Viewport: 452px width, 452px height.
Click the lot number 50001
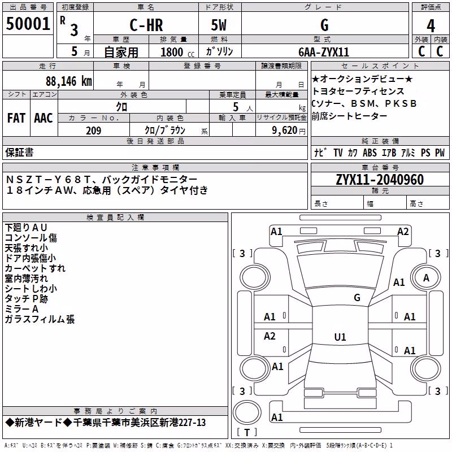[x=28, y=24]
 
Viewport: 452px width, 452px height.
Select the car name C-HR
[x=146, y=25]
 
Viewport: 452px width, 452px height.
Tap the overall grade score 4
[x=431, y=26]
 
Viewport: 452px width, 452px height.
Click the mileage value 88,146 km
[x=68, y=81]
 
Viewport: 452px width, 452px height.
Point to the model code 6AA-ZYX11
[x=324, y=52]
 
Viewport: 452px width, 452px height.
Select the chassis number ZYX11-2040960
[x=380, y=180]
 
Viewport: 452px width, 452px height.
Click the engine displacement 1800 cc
[x=177, y=52]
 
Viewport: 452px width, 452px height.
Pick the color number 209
[x=93, y=131]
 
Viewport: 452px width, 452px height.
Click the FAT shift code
[x=16, y=118]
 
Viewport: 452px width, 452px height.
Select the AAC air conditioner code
[x=44, y=118]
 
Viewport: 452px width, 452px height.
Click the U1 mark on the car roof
[x=340, y=337]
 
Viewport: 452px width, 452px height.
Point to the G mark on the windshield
[x=357, y=297]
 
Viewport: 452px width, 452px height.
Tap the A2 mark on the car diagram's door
[x=270, y=336]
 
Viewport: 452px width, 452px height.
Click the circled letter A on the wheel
[x=426, y=278]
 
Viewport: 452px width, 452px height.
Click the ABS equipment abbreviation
[x=370, y=153]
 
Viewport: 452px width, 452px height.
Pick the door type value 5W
[x=219, y=25]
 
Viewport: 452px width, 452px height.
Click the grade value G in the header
[x=324, y=25]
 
